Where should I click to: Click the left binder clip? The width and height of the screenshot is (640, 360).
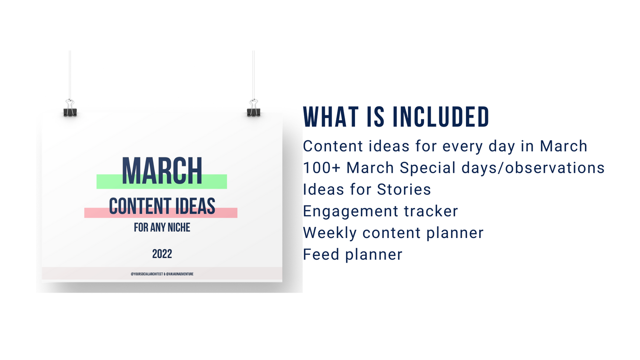[70, 108]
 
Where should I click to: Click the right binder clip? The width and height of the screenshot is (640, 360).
[253, 108]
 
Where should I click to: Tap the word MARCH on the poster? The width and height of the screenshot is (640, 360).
[162, 171]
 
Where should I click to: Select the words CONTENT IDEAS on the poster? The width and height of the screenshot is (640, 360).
[162, 206]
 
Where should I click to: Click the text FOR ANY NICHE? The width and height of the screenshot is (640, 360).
[162, 228]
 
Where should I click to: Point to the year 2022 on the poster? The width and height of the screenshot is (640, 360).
[162, 254]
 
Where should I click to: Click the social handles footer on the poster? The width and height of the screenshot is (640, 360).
[162, 274]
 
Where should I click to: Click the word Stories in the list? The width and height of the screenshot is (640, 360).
[404, 190]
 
